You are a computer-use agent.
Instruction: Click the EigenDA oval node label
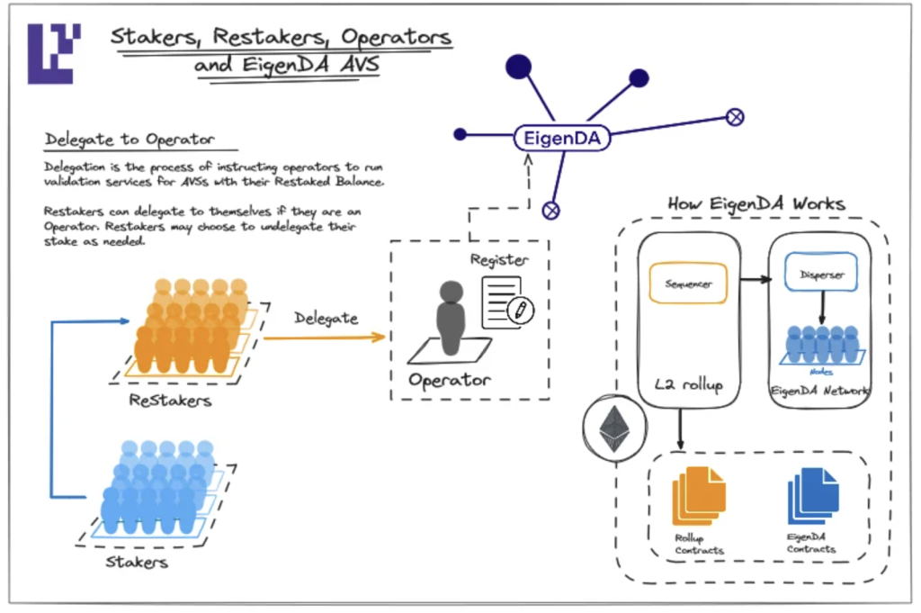pos(562,138)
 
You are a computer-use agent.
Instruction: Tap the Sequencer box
pos(688,284)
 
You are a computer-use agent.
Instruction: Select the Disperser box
pos(820,275)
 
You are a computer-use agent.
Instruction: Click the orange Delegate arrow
pos(325,338)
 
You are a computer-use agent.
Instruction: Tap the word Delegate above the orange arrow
pos(325,318)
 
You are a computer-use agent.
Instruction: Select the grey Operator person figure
pos(450,318)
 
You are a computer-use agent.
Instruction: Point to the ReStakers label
pos(171,400)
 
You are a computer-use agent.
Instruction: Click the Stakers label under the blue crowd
pos(138,562)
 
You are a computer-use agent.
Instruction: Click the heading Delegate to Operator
pos(130,140)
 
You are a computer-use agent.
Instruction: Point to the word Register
pos(499,260)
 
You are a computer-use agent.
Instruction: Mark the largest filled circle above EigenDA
pos(519,66)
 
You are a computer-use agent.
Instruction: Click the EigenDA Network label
pos(819,391)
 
